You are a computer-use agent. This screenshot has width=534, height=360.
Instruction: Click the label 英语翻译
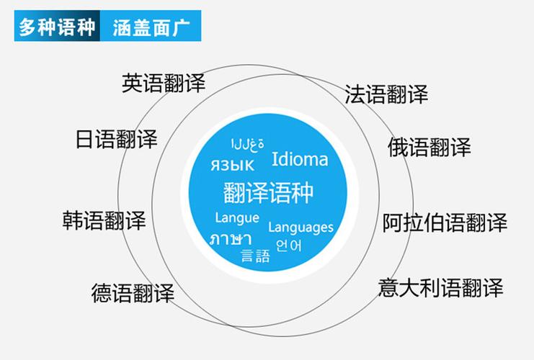164,83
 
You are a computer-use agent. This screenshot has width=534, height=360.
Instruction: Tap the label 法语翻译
386,94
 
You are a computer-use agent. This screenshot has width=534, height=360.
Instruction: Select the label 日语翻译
116,139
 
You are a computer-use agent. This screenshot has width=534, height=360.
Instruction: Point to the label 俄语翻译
429,148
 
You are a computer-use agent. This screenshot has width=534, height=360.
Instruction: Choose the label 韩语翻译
104,220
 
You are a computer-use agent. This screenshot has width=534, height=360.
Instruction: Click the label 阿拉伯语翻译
445,223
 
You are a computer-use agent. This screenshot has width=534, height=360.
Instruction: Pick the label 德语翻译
133,293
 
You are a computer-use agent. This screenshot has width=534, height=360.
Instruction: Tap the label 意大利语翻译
441,288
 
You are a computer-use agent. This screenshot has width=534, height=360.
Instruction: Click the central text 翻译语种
268,192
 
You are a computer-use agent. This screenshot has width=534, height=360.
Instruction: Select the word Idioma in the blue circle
300,159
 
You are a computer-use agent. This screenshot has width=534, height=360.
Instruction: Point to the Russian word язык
232,166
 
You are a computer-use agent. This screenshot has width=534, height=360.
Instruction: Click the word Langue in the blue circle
237,218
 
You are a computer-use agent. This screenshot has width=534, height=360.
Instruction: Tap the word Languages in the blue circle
301,228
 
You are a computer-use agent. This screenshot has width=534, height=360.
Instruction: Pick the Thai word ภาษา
231,239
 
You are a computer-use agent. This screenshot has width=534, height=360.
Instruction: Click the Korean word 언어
289,246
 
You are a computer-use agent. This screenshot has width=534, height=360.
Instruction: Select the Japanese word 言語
255,256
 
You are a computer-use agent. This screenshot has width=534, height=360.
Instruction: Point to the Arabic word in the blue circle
248,145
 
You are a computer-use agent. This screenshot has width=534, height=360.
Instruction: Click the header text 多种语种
57,27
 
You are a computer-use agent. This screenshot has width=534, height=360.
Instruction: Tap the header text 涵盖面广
151,27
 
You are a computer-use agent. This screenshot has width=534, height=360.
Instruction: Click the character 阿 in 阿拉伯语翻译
392,223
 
